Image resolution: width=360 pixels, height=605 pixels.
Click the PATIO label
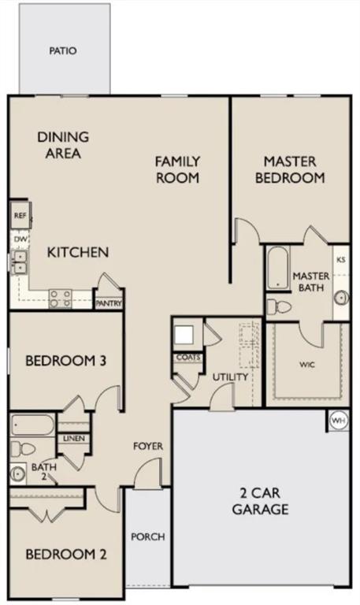click(63, 50)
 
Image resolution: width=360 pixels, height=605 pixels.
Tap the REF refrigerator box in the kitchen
click(20, 214)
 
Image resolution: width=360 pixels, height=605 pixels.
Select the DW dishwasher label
click(20, 237)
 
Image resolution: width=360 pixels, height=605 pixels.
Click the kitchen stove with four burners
click(61, 298)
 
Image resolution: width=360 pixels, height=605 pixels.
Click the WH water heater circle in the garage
click(338, 421)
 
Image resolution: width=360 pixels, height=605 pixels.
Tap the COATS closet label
click(188, 357)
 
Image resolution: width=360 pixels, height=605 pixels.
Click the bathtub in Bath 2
click(32, 426)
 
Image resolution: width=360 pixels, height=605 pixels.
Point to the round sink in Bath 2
click(17, 474)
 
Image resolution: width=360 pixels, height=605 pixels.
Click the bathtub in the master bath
click(277, 269)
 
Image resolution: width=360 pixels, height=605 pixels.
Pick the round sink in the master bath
click(341, 298)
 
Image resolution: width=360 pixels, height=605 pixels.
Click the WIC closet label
click(308, 366)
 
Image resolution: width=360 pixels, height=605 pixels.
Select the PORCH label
click(147, 537)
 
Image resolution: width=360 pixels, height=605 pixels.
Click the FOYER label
click(147, 447)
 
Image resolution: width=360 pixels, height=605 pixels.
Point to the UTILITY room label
click(230, 377)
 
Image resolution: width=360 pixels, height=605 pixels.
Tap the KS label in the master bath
click(341, 259)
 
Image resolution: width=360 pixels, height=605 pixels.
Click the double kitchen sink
click(20, 262)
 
